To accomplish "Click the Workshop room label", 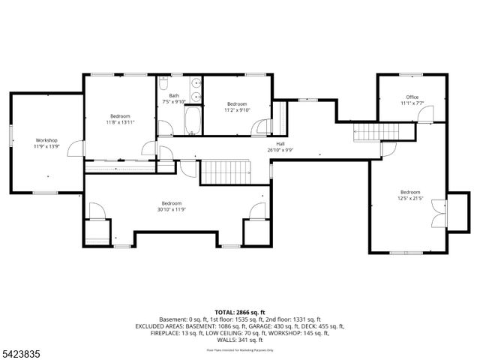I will (x=46, y=140).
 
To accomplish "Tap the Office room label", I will (x=412, y=97).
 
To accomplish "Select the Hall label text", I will (x=280, y=143).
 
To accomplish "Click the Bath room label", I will (x=174, y=95).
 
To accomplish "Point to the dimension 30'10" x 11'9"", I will (x=171, y=210).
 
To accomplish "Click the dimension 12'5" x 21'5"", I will (x=409, y=198).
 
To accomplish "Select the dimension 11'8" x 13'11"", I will (x=121, y=122).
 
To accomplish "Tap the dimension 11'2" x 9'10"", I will (x=237, y=110).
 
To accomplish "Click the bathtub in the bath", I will (x=193, y=121).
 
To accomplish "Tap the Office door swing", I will (x=426, y=114).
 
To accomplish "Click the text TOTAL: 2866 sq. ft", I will (x=239, y=312).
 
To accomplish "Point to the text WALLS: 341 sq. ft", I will (x=239, y=339).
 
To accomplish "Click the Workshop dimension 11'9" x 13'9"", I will (x=46, y=147).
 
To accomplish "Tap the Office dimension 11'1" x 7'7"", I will (x=412, y=103).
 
